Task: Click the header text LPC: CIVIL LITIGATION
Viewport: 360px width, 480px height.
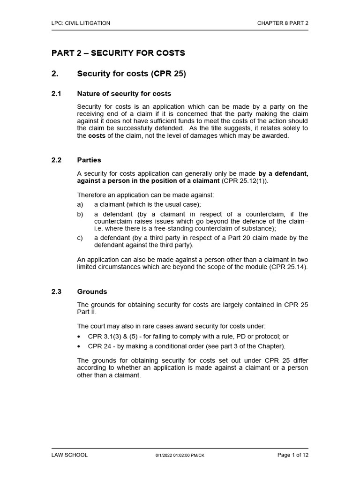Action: click(81, 22)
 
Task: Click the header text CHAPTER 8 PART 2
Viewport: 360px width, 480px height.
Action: click(283, 22)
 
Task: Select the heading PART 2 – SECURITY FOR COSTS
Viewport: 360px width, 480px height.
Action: click(118, 53)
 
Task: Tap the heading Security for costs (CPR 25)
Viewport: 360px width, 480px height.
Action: click(131, 74)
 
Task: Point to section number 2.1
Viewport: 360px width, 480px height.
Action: click(56, 94)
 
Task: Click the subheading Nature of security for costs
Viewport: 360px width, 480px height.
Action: click(124, 94)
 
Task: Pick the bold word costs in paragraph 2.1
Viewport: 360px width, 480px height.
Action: click(97, 136)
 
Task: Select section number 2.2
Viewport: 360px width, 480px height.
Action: click(56, 160)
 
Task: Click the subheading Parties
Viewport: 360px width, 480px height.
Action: click(89, 160)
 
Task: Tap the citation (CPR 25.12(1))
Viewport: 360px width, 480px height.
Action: click(245, 180)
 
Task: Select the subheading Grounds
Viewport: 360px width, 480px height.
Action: click(92, 291)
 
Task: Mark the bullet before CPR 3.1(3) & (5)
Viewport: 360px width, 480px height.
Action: click(79, 337)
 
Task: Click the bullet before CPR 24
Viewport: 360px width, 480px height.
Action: click(79, 346)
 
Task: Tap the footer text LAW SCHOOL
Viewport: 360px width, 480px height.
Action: click(69, 455)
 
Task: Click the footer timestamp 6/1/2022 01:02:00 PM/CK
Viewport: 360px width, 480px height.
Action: click(180, 456)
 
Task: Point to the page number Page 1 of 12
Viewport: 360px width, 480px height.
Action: click(293, 455)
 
